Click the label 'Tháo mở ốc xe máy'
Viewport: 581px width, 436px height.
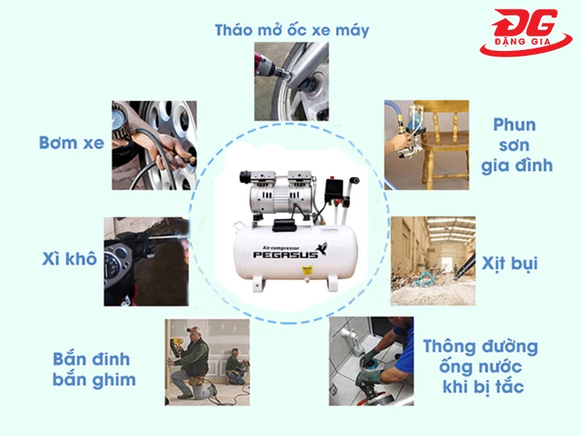(292, 31)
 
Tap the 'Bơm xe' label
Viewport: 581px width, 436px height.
(72, 143)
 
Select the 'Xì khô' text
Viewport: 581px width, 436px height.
(69, 259)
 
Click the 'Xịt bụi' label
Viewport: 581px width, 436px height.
(509, 263)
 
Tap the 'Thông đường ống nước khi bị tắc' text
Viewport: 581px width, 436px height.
(480, 366)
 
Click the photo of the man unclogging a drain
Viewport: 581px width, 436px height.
(372, 360)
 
